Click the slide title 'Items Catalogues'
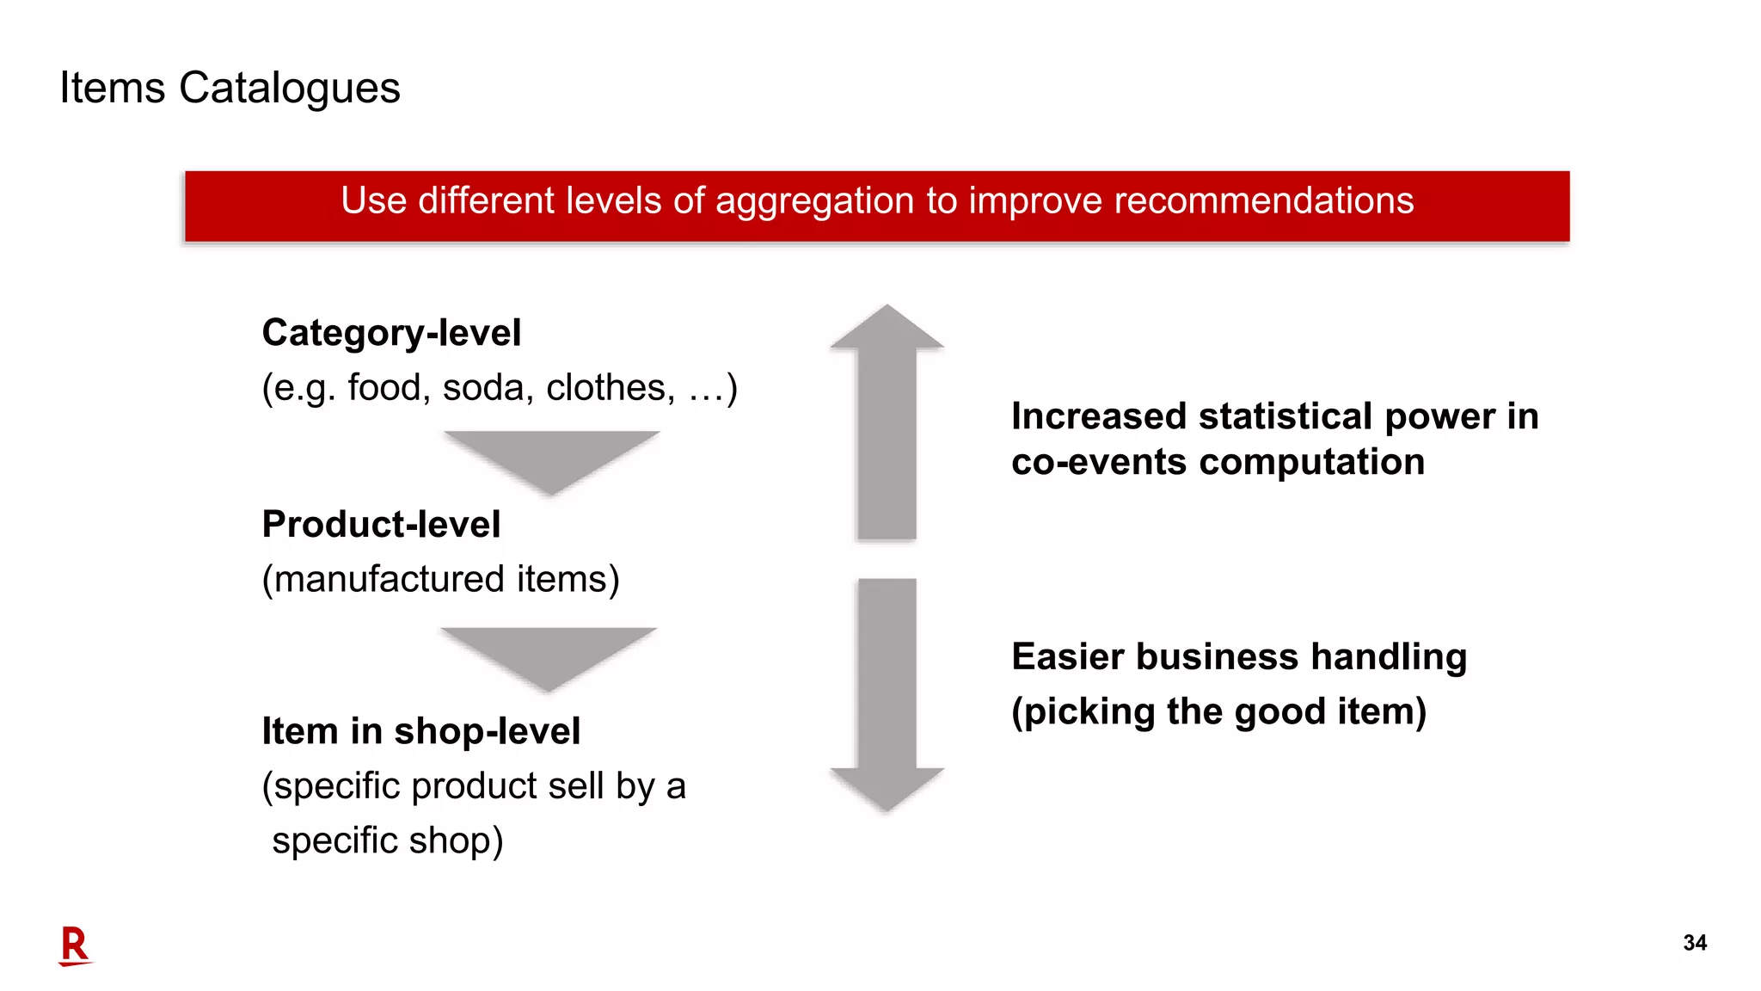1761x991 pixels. [x=230, y=88]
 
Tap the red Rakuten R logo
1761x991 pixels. [x=75, y=945]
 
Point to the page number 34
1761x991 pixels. [x=1694, y=943]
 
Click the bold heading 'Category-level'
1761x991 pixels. [x=391, y=333]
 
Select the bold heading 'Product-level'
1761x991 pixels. [x=381, y=524]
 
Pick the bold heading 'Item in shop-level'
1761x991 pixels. [x=420, y=731]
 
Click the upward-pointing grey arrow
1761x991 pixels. [x=887, y=422]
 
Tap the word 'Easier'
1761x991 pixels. [x=1067, y=656]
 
